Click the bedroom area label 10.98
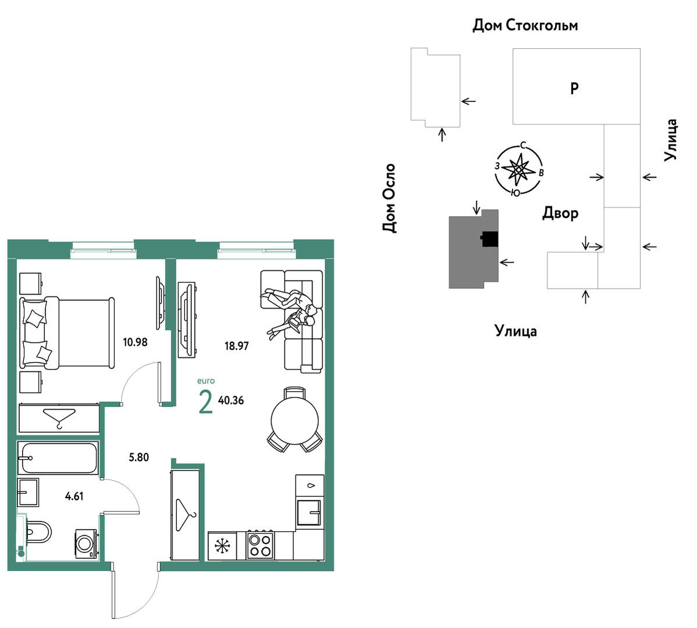pos(135,342)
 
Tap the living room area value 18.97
pos(236,346)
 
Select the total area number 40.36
pos(231,400)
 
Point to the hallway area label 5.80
pos(138,457)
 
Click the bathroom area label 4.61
pos(74,496)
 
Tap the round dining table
pos(295,420)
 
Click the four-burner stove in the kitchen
pos(260,545)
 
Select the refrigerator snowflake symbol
pos(222,546)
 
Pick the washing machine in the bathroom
pos(86,544)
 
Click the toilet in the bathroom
pos(38,532)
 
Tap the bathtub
pos(58,457)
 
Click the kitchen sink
pos(310,512)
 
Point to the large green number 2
pos(206,402)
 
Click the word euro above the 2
pos(206,381)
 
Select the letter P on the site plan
pos(574,88)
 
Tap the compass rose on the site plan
pos(519,170)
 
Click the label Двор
pos(560,214)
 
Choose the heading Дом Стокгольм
pos(525,26)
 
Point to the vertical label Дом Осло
pos(389,198)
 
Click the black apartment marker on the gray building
pos(489,239)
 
